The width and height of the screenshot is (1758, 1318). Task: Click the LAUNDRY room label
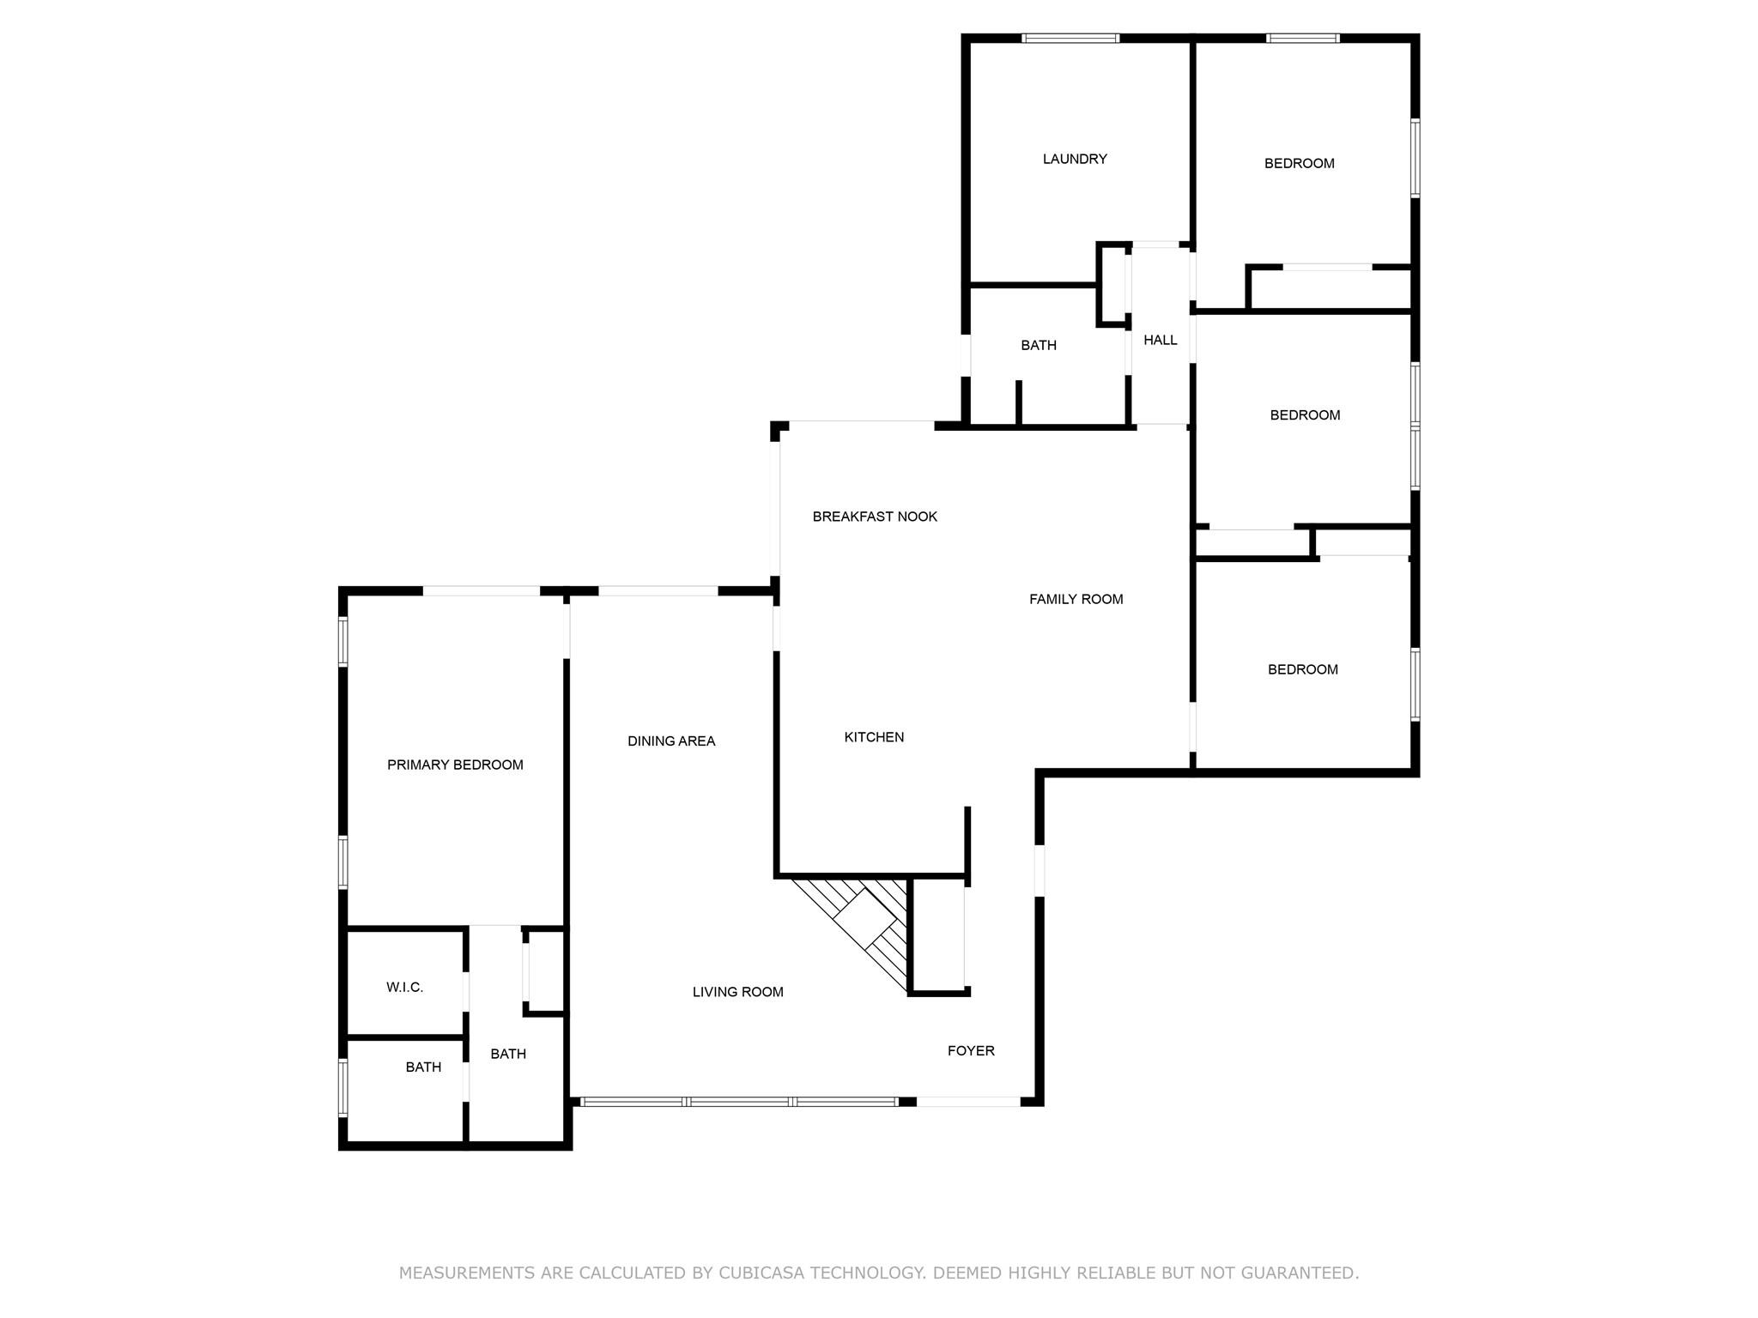click(x=1075, y=159)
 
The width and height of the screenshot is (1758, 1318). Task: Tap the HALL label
click(x=1161, y=340)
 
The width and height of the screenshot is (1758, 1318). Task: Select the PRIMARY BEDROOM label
click(x=455, y=765)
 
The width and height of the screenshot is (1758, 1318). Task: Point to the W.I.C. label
click(x=404, y=987)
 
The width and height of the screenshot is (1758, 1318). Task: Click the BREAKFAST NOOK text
click(x=875, y=517)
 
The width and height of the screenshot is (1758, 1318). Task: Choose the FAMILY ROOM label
click(x=1076, y=599)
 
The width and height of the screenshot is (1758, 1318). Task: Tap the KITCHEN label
click(x=874, y=737)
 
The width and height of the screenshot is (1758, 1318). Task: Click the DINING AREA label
click(x=671, y=741)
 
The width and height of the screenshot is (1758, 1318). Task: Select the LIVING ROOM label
click(x=738, y=992)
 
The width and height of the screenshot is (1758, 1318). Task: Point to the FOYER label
click(x=971, y=1050)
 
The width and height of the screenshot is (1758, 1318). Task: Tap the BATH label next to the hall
click(x=1039, y=345)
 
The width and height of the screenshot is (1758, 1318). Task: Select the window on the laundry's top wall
click(x=1070, y=39)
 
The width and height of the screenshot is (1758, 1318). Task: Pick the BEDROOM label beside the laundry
click(x=1300, y=163)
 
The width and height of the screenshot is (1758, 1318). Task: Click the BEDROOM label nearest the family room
click(x=1303, y=669)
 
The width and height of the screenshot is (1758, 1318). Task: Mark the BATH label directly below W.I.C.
click(x=423, y=1067)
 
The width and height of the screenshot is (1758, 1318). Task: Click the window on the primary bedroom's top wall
click(x=482, y=591)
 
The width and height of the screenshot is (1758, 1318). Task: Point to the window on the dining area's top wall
click(x=658, y=591)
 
